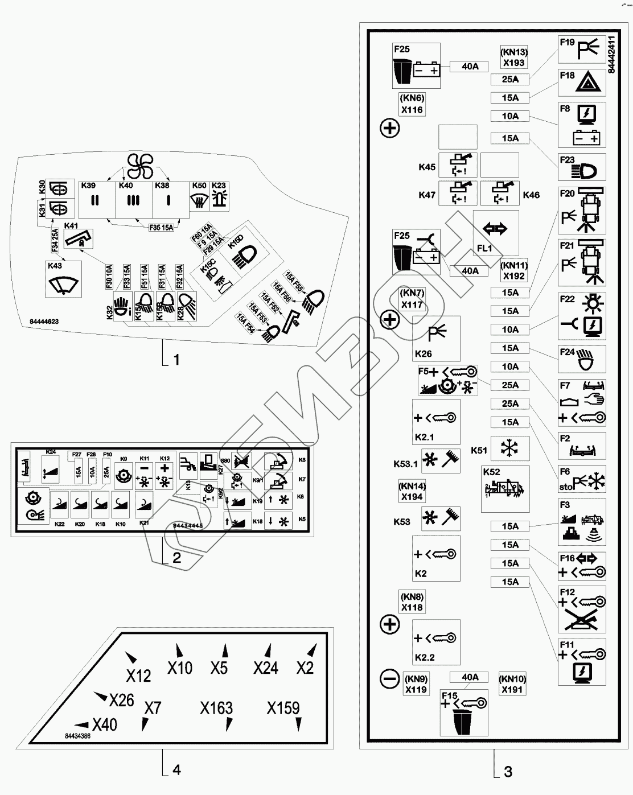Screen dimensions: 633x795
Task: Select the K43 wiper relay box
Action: (63, 279)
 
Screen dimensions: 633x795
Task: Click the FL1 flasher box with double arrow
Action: (495, 232)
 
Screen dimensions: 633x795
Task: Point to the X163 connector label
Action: (216, 708)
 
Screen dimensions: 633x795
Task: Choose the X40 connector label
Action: (104, 724)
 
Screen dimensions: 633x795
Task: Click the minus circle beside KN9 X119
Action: (389, 678)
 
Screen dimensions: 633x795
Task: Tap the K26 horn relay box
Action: (436, 339)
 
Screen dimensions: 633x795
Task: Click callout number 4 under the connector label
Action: (176, 770)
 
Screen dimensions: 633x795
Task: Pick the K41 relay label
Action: (71, 226)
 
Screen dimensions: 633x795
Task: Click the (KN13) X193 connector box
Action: (513, 57)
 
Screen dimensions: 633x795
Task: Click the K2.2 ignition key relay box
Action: (436, 642)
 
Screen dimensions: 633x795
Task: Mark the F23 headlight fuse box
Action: (581, 167)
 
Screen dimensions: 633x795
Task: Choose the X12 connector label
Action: (138, 675)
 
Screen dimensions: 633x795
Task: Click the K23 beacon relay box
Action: (219, 197)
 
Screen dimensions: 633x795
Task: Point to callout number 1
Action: (176, 360)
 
